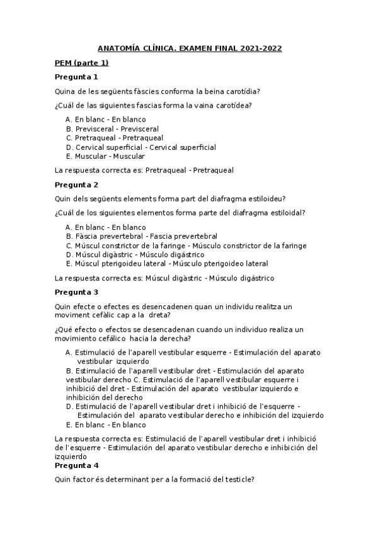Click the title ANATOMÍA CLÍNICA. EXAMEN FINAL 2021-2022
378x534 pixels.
click(189, 48)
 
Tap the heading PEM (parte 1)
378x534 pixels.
click(81, 62)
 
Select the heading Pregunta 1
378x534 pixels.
click(76, 77)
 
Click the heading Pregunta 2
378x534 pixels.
click(76, 185)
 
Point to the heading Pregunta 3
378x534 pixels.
click(76, 292)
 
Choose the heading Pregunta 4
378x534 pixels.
click(76, 466)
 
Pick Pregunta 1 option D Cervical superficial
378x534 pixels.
click(145, 147)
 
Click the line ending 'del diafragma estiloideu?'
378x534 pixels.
click(170, 199)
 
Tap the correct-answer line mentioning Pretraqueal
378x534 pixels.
click(145, 170)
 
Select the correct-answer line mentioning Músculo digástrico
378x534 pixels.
click(165, 278)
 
